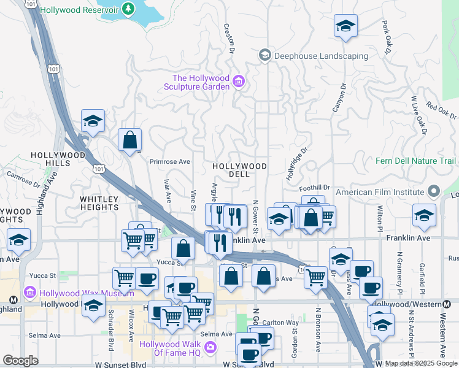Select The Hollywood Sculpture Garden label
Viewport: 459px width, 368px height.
[201, 82]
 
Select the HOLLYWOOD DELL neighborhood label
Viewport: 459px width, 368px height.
[240, 170]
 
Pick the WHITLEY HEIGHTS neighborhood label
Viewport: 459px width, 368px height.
[99, 203]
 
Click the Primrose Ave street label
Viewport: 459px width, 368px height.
[169, 162]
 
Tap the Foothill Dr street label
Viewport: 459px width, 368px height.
[315, 188]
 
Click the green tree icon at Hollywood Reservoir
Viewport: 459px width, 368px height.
[128, 9]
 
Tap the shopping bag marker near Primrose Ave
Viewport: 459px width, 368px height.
[131, 140]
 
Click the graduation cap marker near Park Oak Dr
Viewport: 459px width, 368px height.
[346, 26]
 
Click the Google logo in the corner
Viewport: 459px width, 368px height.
[20, 361]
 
